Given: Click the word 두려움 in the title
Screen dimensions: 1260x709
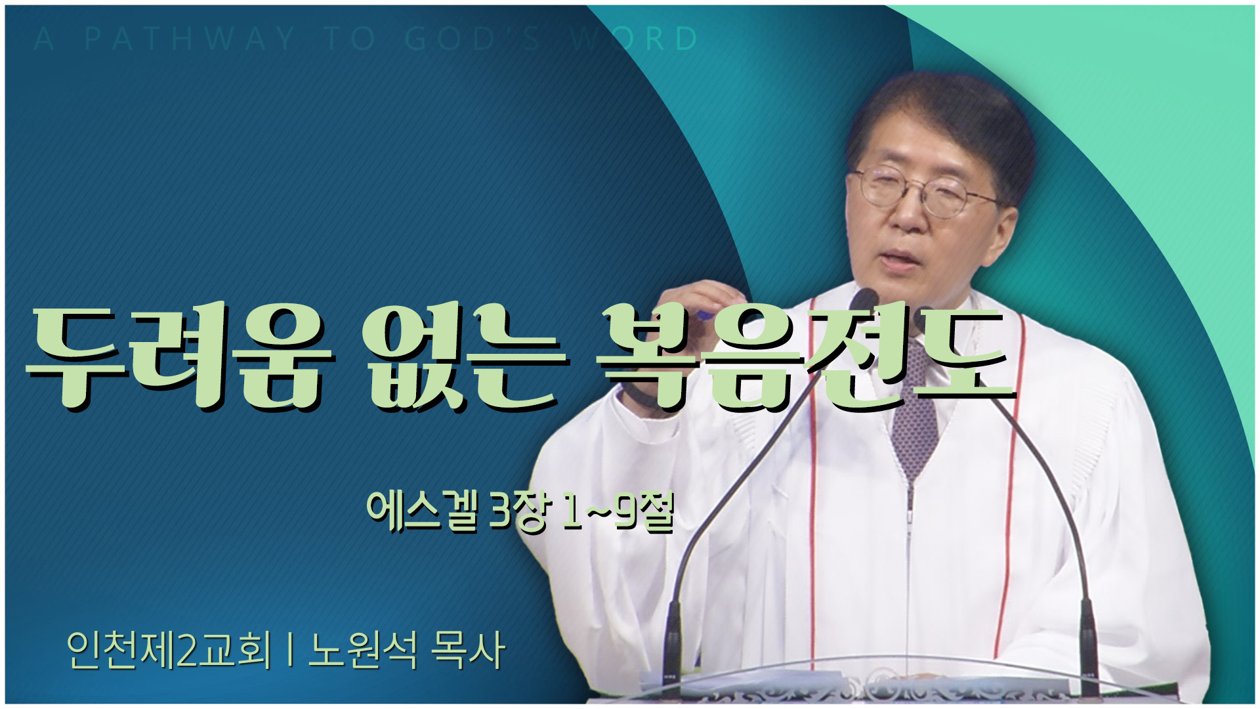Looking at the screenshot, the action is (177, 355).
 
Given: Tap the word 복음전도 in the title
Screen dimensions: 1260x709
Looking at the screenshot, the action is (804, 355).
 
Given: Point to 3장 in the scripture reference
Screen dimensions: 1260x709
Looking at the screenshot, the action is (519, 513).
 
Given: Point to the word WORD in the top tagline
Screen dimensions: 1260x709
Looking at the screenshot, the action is (634, 39).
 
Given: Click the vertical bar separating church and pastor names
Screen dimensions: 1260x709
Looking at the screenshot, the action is (289, 651).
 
